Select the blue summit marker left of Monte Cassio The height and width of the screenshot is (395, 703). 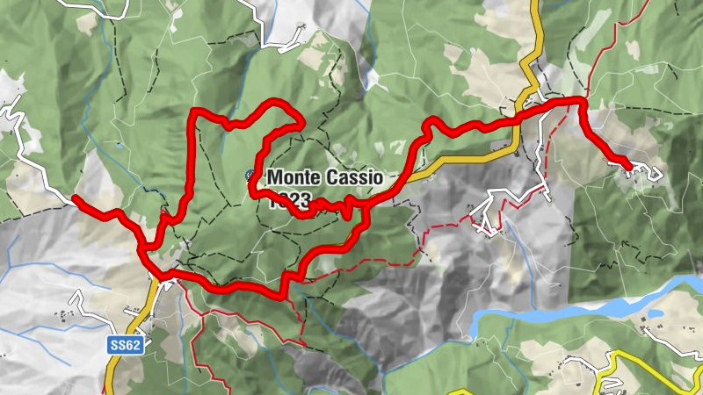(x=251, y=176)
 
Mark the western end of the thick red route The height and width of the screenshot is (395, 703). (x=75, y=199)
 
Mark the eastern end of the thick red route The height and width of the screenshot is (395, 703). (x=628, y=165)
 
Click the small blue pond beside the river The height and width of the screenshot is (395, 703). (x=655, y=312)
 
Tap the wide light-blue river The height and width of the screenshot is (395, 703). (x=562, y=312)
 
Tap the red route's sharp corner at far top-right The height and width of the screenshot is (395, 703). (x=582, y=102)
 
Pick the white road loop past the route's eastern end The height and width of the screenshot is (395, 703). (x=646, y=172)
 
